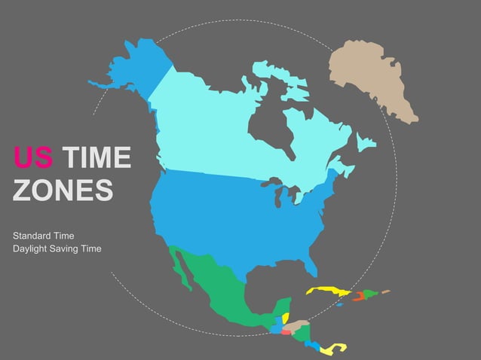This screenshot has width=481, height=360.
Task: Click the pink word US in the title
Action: point(32,159)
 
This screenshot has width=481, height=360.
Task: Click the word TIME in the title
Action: point(96,159)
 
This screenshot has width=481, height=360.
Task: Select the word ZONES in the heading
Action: point(63,190)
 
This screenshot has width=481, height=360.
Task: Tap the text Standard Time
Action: point(43,236)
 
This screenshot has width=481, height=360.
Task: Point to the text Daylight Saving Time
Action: point(57,249)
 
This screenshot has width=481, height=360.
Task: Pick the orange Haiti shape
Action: point(359,296)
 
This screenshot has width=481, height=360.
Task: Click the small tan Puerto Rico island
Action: point(386,291)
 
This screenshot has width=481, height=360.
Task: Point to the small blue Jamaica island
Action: point(340,304)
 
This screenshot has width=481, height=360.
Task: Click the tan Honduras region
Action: point(299,325)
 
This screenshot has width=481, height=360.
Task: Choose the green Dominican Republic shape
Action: point(370,294)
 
